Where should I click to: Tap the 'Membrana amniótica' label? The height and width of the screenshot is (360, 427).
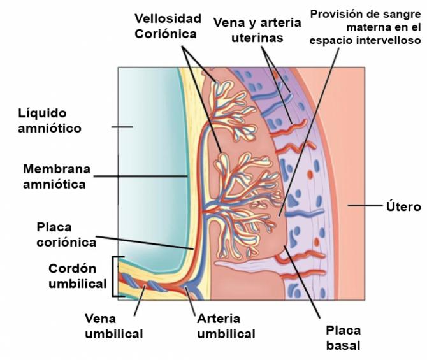[x=57, y=176]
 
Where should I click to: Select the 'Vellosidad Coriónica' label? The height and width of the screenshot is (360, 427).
[x=168, y=25]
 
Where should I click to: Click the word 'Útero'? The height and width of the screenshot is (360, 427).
[x=403, y=206]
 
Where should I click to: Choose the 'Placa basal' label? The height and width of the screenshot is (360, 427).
[x=344, y=338]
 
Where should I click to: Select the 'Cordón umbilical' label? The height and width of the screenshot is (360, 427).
[x=78, y=277]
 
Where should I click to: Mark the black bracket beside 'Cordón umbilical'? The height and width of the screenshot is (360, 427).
[x=116, y=277]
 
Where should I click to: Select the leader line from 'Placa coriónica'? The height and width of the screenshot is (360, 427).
[x=147, y=243]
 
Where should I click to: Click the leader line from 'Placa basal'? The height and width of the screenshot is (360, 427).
[x=307, y=280]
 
